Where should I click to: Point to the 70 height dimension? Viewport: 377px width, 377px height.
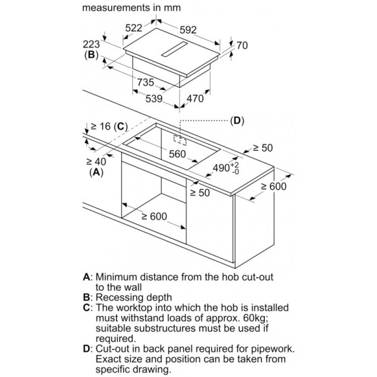[x=241, y=46]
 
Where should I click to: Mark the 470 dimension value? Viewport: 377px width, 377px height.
[x=195, y=98]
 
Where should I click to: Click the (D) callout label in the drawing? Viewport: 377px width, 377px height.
[x=236, y=120]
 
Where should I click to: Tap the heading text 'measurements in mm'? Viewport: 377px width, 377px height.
[x=131, y=8]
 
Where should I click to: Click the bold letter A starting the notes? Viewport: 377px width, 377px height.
[x=86, y=277]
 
